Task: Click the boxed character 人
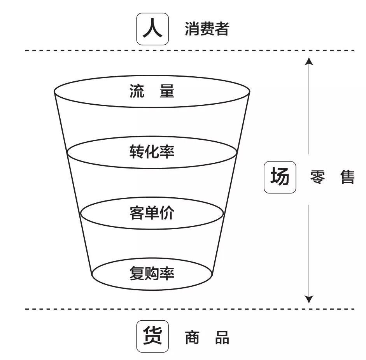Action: click(152, 29)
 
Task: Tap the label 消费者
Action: click(207, 29)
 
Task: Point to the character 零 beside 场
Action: click(319, 177)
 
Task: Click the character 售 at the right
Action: click(347, 177)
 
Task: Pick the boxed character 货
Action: click(152, 336)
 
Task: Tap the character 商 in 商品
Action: click(192, 337)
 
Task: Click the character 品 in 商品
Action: click(222, 337)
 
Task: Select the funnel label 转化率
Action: click(152, 151)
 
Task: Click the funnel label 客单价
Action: click(152, 213)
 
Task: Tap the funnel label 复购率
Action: click(152, 274)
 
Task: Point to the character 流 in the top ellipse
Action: click(137, 91)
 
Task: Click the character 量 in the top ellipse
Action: click(167, 91)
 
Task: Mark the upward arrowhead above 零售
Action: click(308, 61)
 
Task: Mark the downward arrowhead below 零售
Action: click(308, 299)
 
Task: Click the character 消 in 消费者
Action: click(192, 29)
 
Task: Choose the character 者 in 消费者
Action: click(221, 29)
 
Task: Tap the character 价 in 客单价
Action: click(167, 213)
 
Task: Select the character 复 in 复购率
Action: click(137, 274)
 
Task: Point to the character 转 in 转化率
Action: click(137, 151)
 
